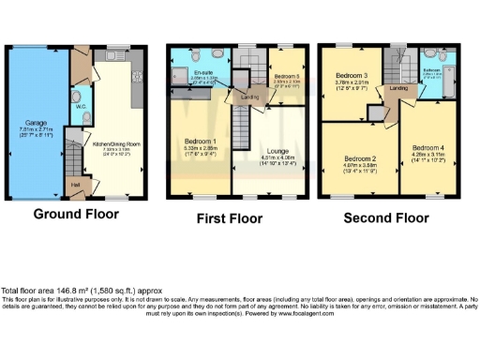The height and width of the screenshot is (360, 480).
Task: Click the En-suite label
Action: [x=203, y=72]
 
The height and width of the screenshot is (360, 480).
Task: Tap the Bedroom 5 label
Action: [x=285, y=76]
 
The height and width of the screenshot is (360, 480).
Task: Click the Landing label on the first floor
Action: [x=249, y=97]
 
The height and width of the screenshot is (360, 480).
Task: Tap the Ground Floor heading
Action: [x=76, y=213]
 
